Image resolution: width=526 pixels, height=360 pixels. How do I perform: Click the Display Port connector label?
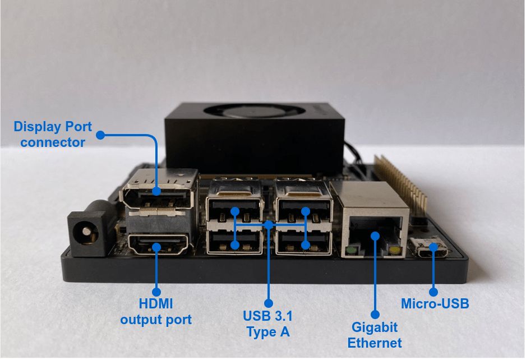(x=53, y=134)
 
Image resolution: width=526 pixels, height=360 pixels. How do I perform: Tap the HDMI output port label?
(x=156, y=312)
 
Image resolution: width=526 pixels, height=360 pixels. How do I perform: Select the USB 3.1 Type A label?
(x=268, y=323)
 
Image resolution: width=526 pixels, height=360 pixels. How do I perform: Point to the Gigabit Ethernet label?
(x=375, y=334)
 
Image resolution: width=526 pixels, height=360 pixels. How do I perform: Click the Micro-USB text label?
(x=435, y=304)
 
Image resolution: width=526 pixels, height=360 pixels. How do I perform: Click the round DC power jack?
(x=85, y=230)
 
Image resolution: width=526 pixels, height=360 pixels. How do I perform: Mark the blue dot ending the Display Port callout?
(x=100, y=135)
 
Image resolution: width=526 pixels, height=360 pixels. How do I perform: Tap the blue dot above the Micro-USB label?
(x=433, y=292)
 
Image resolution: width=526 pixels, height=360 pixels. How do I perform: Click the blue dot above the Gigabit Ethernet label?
(x=375, y=315)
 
